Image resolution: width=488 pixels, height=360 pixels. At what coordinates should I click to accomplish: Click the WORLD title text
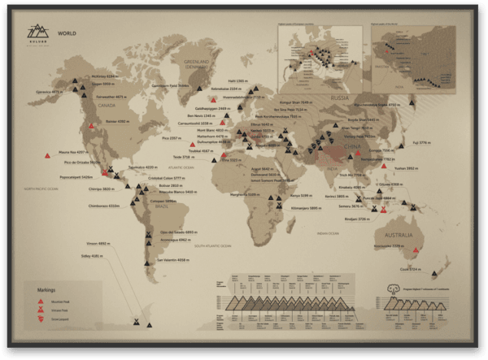(x=67, y=34)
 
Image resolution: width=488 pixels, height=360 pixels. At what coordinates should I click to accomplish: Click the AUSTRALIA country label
(x=402, y=236)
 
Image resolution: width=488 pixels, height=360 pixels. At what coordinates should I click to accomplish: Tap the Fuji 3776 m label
(x=420, y=142)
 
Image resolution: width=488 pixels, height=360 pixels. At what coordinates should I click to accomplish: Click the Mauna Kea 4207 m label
(x=73, y=152)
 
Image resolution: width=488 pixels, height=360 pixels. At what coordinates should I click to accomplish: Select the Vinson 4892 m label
(x=98, y=243)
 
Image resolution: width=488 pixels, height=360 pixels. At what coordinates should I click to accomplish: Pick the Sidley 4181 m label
(x=91, y=256)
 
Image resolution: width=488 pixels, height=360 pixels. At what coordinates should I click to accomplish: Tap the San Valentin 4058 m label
(x=172, y=260)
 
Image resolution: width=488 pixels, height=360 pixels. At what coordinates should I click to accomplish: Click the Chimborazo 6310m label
(x=103, y=206)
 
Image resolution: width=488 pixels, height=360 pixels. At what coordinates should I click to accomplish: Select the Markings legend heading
(x=46, y=288)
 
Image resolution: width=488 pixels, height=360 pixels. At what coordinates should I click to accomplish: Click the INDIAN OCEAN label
(x=329, y=233)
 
